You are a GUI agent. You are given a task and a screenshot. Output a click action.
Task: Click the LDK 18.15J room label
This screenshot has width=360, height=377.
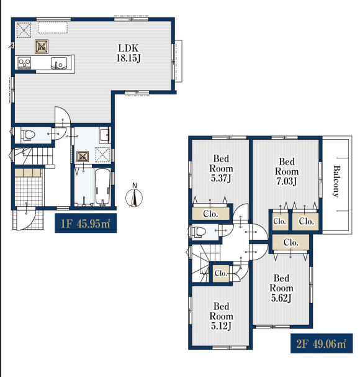[128, 53]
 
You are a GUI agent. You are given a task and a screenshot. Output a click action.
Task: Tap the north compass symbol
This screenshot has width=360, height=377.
[134, 196]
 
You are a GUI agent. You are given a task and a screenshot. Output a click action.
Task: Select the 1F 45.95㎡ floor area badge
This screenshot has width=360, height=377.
[86, 224]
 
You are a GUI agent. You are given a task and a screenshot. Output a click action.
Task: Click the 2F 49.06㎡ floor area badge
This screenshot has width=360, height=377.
[322, 343]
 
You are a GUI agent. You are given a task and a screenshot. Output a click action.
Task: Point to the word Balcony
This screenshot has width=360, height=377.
[337, 181]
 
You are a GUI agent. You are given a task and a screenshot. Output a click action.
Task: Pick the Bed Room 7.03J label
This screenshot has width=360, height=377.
[287, 171]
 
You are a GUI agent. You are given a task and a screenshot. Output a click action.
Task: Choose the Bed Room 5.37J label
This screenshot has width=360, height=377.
[221, 168]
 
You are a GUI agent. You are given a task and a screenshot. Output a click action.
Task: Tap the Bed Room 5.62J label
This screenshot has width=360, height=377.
[281, 288]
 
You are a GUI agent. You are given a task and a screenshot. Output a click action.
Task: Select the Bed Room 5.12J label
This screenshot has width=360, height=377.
[221, 316]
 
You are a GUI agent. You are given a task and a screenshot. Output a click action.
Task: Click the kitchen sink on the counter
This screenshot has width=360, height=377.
[59, 63]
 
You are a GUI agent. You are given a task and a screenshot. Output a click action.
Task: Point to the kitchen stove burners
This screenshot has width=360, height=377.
[24, 63]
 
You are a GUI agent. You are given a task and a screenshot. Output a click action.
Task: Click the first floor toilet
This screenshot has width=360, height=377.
[28, 135]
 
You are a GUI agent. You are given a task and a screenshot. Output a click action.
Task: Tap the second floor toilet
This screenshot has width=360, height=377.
[199, 232]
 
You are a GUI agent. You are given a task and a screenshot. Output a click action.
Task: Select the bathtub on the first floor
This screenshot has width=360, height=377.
[102, 188]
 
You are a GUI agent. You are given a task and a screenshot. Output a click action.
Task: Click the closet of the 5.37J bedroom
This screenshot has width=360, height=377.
[210, 214]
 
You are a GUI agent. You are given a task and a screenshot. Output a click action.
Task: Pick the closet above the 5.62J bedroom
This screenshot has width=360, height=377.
[290, 242]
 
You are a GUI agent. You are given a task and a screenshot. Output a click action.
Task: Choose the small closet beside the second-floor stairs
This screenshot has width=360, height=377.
[221, 273]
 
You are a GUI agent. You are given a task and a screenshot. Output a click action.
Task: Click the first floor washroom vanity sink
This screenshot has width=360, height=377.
[104, 135]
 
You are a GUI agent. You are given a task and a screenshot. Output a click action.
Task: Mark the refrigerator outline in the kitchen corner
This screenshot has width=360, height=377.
[24, 30]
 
